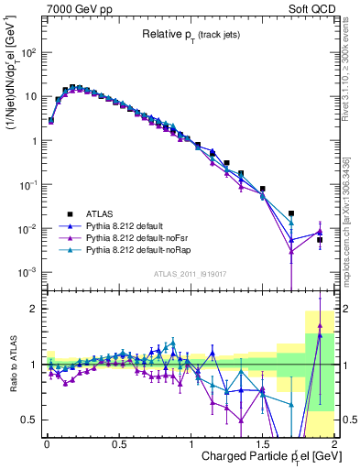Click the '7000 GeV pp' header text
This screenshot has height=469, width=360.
tap(81, 8)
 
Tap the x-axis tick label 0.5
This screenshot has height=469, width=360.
tap(118, 444)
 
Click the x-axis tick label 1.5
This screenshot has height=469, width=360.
tap(262, 444)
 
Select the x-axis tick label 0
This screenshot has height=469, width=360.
tap(46, 444)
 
